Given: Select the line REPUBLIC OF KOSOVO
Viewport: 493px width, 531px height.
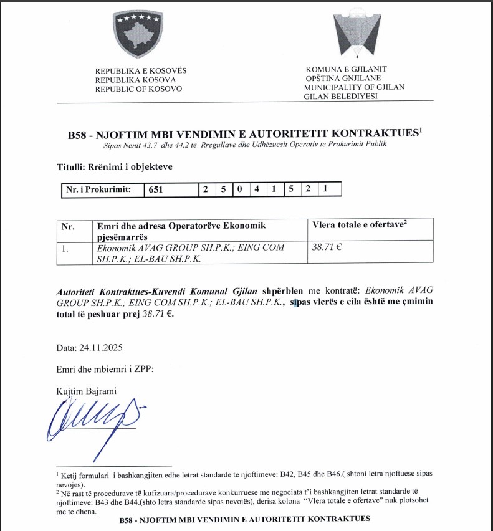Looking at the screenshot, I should tap(138, 89).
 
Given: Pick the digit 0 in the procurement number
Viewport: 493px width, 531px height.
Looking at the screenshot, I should tap(239, 189).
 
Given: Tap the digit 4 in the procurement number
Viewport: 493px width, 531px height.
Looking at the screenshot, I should tap(256, 189).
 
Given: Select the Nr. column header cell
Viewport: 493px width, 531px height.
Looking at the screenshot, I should tap(67, 226).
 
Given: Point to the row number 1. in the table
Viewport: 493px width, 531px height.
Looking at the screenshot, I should tap(65, 247).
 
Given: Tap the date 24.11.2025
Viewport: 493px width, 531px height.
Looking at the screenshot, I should tap(92, 347).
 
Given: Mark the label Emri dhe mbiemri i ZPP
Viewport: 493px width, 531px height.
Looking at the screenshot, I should tap(104, 368).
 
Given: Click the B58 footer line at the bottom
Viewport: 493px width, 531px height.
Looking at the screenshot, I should tap(244, 519).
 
